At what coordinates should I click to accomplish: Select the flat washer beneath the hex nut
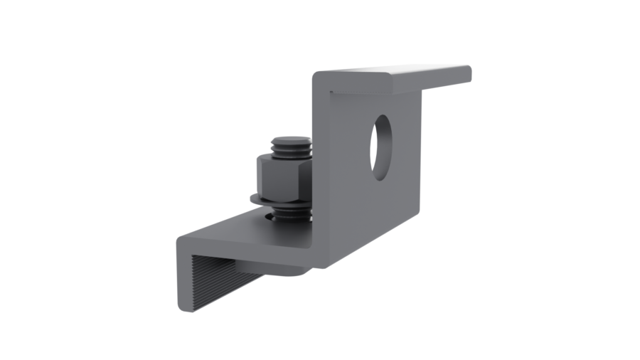(x=280, y=200)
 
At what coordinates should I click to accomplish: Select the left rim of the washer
(x=252, y=197)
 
